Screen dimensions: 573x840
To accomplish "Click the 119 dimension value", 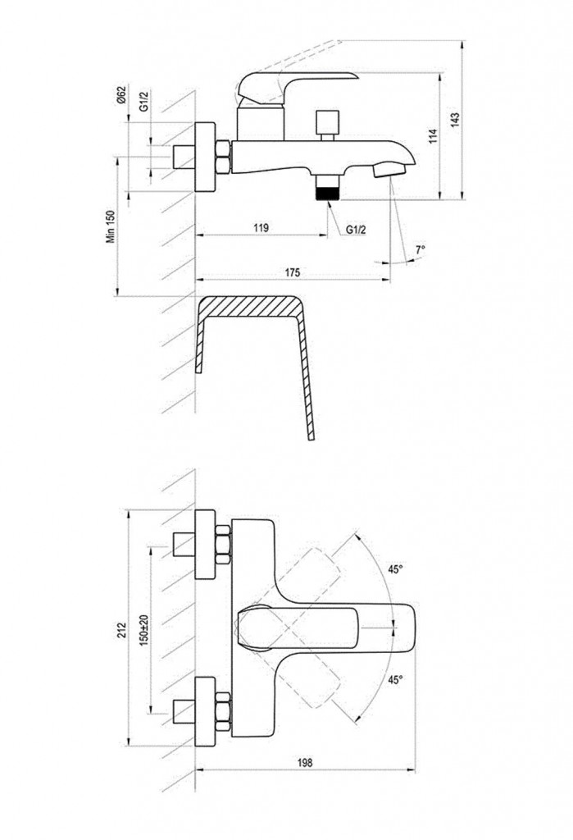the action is click(x=261, y=228).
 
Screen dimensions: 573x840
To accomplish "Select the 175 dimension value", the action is click(x=292, y=272).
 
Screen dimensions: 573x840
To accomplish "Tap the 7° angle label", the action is click(x=421, y=249).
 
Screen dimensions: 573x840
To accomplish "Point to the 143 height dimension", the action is click(x=455, y=120).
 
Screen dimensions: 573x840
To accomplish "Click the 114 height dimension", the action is click(x=434, y=135).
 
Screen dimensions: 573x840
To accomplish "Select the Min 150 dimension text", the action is click(x=111, y=226).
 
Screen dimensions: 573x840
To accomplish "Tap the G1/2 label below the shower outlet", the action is click(x=356, y=230).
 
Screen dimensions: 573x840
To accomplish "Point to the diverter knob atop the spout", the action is click(x=328, y=123).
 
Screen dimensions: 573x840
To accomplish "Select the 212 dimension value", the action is click(x=121, y=629).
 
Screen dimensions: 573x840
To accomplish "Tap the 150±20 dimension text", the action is click(x=144, y=630).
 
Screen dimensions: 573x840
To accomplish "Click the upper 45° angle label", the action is click(x=395, y=569).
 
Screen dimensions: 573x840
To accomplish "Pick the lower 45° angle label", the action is click(x=395, y=680).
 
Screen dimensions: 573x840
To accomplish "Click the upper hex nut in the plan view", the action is click(x=223, y=545).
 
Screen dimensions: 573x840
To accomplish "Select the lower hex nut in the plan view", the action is click(x=223, y=711).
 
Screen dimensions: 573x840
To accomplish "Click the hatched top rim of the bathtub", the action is click(x=249, y=306).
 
